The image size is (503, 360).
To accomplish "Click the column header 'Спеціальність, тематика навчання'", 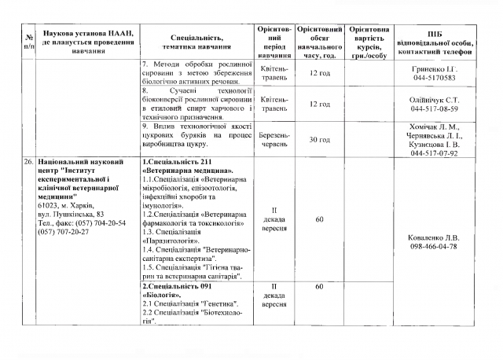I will coord(196,41).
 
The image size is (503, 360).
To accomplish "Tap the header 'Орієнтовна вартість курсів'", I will coord(368,41).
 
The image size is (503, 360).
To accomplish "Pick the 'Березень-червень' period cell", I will coord(274,139).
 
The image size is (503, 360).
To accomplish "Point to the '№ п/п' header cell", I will coord(28,41).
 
